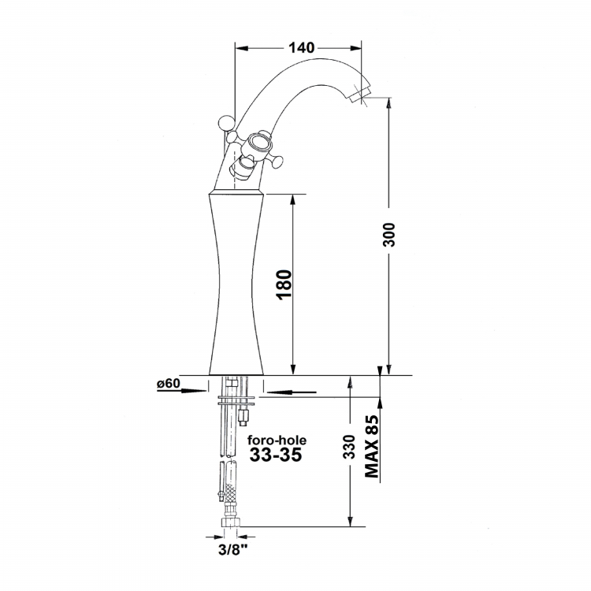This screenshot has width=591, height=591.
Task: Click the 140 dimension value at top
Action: (x=301, y=48)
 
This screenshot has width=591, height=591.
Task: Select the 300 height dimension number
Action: (x=388, y=235)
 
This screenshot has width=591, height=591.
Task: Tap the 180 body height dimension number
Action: (x=284, y=284)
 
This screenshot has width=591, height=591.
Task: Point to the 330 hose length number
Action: (x=349, y=447)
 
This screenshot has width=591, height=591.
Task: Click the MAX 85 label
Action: (x=372, y=446)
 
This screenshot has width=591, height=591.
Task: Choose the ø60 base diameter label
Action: (x=169, y=383)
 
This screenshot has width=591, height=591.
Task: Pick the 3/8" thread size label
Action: (x=233, y=549)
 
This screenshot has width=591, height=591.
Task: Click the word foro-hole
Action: (x=277, y=440)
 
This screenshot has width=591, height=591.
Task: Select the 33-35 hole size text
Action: (x=276, y=455)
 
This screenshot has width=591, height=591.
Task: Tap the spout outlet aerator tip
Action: (x=360, y=95)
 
